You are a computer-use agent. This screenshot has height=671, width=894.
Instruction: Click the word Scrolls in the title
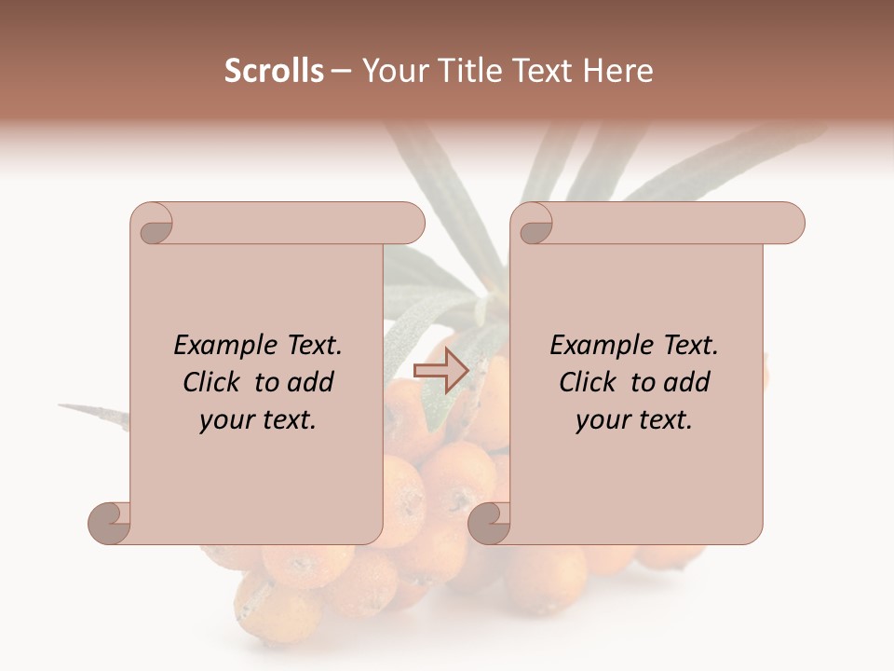pos(274,71)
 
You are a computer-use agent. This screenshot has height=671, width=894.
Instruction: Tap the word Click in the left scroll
pos(210,382)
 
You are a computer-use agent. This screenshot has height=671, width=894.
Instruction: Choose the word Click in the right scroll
pos(587,382)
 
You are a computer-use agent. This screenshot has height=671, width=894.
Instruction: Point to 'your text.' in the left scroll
pos(258,420)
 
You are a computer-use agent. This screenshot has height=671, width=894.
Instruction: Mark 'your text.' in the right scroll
pos(634,420)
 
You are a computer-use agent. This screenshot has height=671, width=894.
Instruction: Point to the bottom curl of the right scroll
pos(489,523)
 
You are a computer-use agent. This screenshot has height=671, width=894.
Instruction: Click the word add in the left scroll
pos(311,382)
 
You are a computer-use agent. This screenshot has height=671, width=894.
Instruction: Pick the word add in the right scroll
pos(687,382)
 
